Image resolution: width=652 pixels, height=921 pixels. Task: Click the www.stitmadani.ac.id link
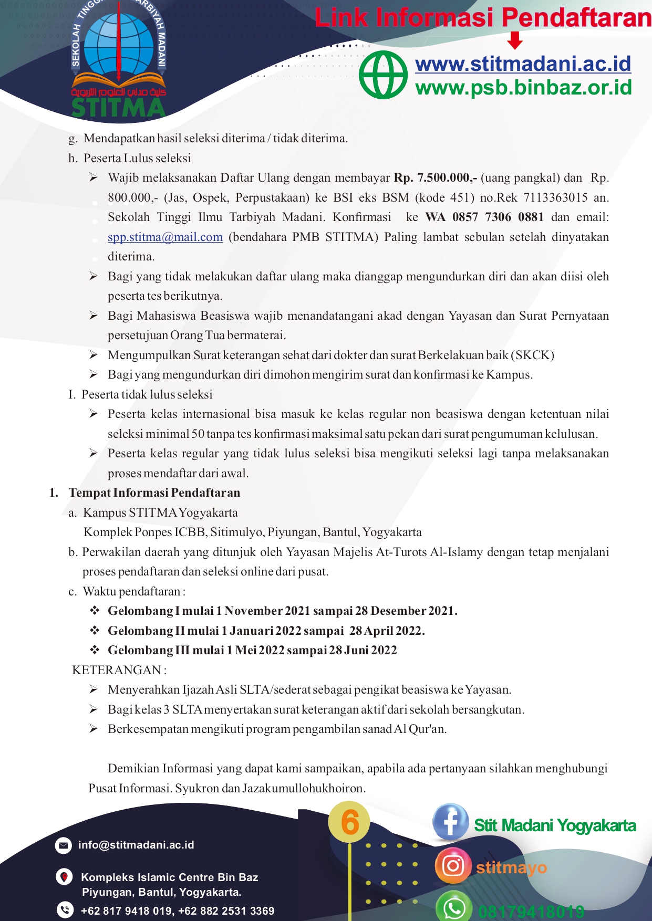(523, 64)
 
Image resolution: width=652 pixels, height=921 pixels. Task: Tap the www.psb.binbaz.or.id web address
(523, 87)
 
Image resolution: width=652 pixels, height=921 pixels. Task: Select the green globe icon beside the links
(383, 75)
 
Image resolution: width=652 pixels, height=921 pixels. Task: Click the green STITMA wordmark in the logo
(118, 107)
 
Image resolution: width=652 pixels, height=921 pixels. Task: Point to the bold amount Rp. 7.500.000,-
(436, 178)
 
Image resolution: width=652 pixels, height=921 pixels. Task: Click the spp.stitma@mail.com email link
(165, 237)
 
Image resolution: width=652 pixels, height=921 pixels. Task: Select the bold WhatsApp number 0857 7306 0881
(484, 217)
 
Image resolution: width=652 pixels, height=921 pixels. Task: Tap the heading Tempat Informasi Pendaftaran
(154, 493)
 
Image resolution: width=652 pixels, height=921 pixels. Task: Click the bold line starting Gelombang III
(252, 650)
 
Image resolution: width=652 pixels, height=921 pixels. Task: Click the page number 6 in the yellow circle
(349, 822)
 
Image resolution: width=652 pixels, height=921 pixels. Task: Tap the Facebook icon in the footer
(450, 822)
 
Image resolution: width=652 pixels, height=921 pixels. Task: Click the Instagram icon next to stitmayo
(452, 865)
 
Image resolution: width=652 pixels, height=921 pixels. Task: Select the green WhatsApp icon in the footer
(454, 907)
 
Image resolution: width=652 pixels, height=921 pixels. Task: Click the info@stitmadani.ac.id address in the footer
(136, 845)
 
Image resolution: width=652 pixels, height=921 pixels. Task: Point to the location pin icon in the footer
(64, 877)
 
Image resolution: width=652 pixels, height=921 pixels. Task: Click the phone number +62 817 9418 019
(126, 911)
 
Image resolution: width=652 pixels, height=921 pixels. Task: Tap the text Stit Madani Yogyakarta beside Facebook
(555, 825)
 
